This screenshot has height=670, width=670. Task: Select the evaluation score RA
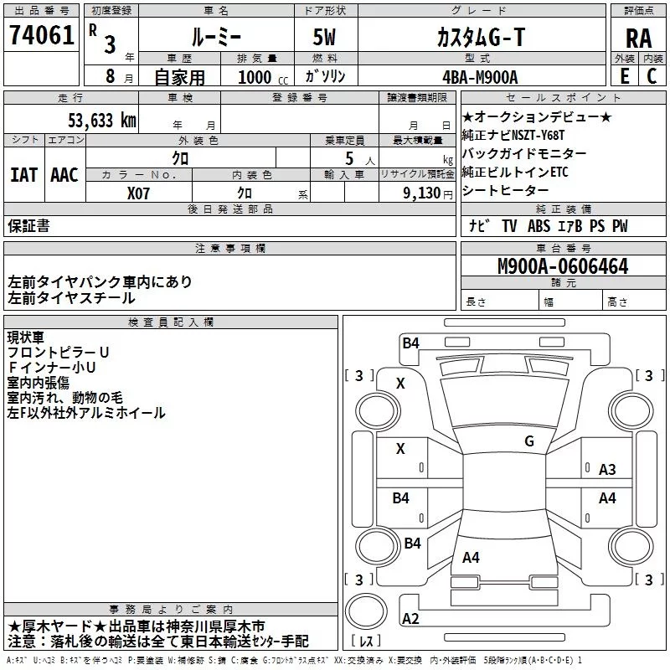coord(638,39)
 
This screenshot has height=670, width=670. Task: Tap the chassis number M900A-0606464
coord(562,266)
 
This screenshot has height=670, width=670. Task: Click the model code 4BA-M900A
coord(480,76)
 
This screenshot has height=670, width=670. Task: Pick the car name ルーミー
coord(216,37)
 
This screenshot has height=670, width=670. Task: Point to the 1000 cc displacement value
coord(255,77)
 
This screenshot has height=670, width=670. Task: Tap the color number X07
coord(139,192)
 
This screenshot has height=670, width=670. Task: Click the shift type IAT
coord(23,175)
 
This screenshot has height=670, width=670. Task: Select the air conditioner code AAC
coord(64,175)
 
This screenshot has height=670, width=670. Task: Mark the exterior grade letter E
coord(623,76)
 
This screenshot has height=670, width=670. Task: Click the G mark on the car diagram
coord(528,441)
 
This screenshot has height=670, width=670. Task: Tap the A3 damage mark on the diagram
coord(607,470)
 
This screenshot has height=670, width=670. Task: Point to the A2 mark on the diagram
coord(410,619)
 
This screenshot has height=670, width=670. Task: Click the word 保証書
coord(28,225)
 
